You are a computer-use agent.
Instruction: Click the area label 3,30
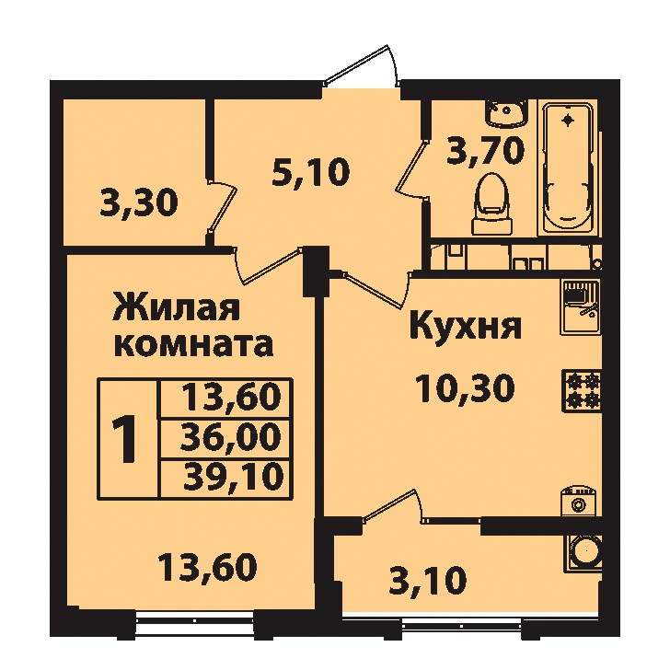(139, 203)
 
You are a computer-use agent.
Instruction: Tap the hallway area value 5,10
(311, 172)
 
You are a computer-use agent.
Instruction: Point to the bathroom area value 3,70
(485, 151)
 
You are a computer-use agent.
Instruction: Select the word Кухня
(466, 326)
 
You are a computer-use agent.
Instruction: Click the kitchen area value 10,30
(464, 388)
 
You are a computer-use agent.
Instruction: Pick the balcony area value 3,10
(428, 581)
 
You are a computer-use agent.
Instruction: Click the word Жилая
(176, 306)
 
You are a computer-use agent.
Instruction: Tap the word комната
(194, 345)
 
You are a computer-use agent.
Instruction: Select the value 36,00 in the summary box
(231, 437)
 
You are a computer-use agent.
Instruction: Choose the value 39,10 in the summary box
(233, 477)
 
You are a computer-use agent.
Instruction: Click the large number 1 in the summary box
(125, 440)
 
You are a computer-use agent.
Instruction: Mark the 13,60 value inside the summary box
(232, 397)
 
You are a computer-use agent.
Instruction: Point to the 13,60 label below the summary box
(207, 567)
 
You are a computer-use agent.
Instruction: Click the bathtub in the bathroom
(569, 167)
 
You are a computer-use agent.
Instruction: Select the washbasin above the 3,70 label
(506, 113)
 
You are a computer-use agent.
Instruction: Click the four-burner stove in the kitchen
(582, 391)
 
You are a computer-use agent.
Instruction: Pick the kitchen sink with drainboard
(581, 306)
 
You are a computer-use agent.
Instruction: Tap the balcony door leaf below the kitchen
(387, 504)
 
